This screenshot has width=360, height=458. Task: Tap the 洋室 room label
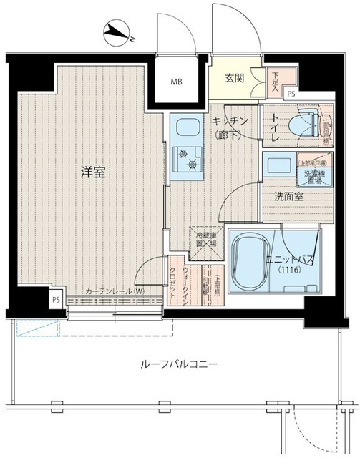92,172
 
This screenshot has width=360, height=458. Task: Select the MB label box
175,82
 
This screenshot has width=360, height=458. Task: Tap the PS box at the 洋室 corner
56,300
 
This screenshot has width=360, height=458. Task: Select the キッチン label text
229,122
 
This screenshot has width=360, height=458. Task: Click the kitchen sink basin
187,129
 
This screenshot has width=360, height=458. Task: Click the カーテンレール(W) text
115,291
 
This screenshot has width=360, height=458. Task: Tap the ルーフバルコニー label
180,364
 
